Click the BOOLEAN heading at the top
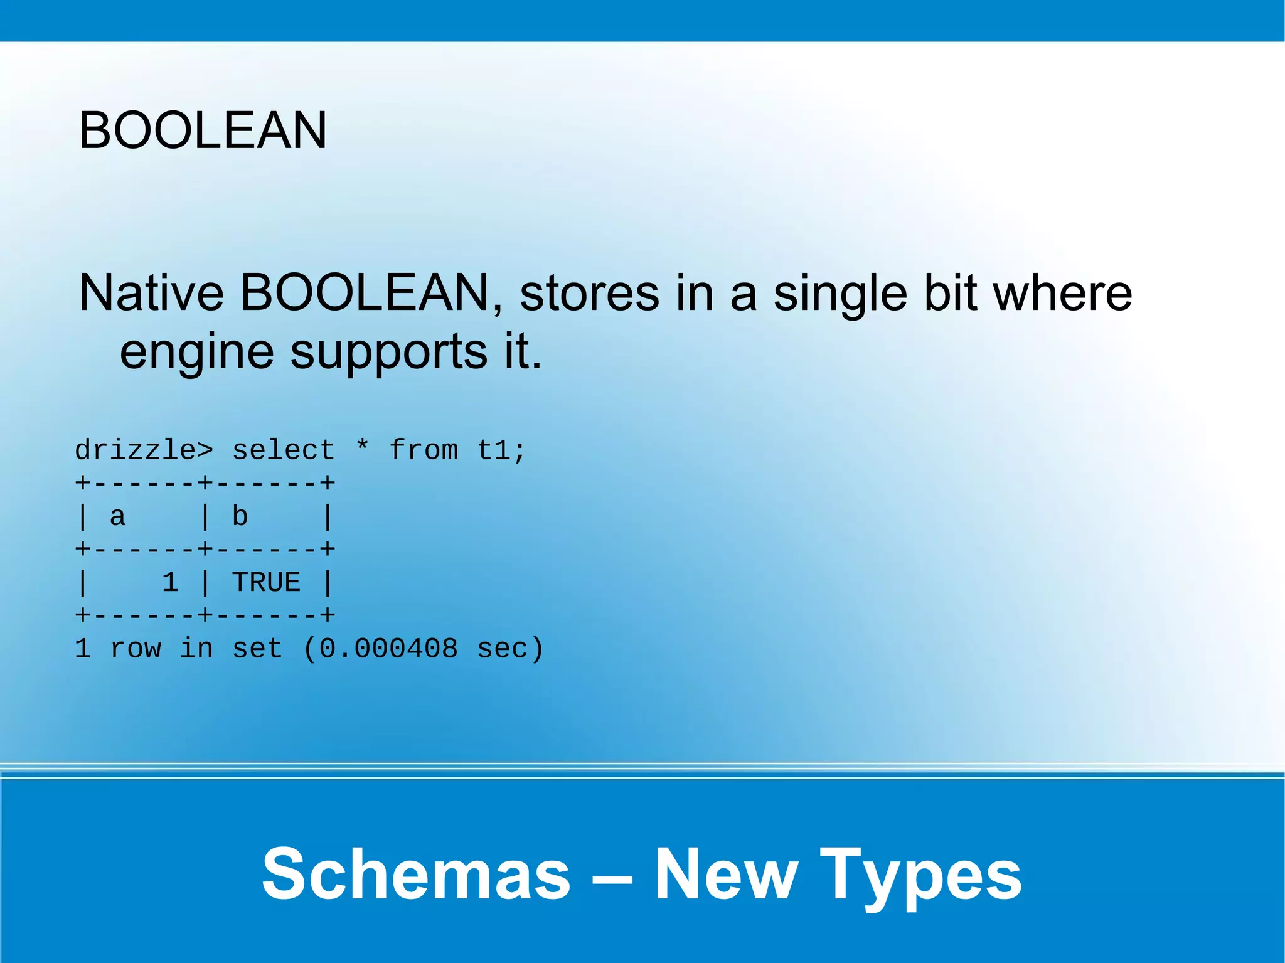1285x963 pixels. (202, 130)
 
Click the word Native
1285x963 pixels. (151, 293)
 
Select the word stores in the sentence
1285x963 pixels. (589, 293)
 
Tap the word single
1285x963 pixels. (840, 293)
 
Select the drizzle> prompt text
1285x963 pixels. (144, 450)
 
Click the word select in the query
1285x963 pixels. (283, 450)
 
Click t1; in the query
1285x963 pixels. (501, 450)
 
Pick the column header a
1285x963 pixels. (117, 517)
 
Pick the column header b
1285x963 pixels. (240, 516)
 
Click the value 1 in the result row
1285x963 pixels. (170, 583)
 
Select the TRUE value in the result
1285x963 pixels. (266, 583)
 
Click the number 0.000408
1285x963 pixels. (388, 649)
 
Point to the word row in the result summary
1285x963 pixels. (135, 649)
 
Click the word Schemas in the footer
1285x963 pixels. (416, 873)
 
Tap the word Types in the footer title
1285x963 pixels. (920, 875)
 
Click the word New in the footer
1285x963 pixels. (726, 873)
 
